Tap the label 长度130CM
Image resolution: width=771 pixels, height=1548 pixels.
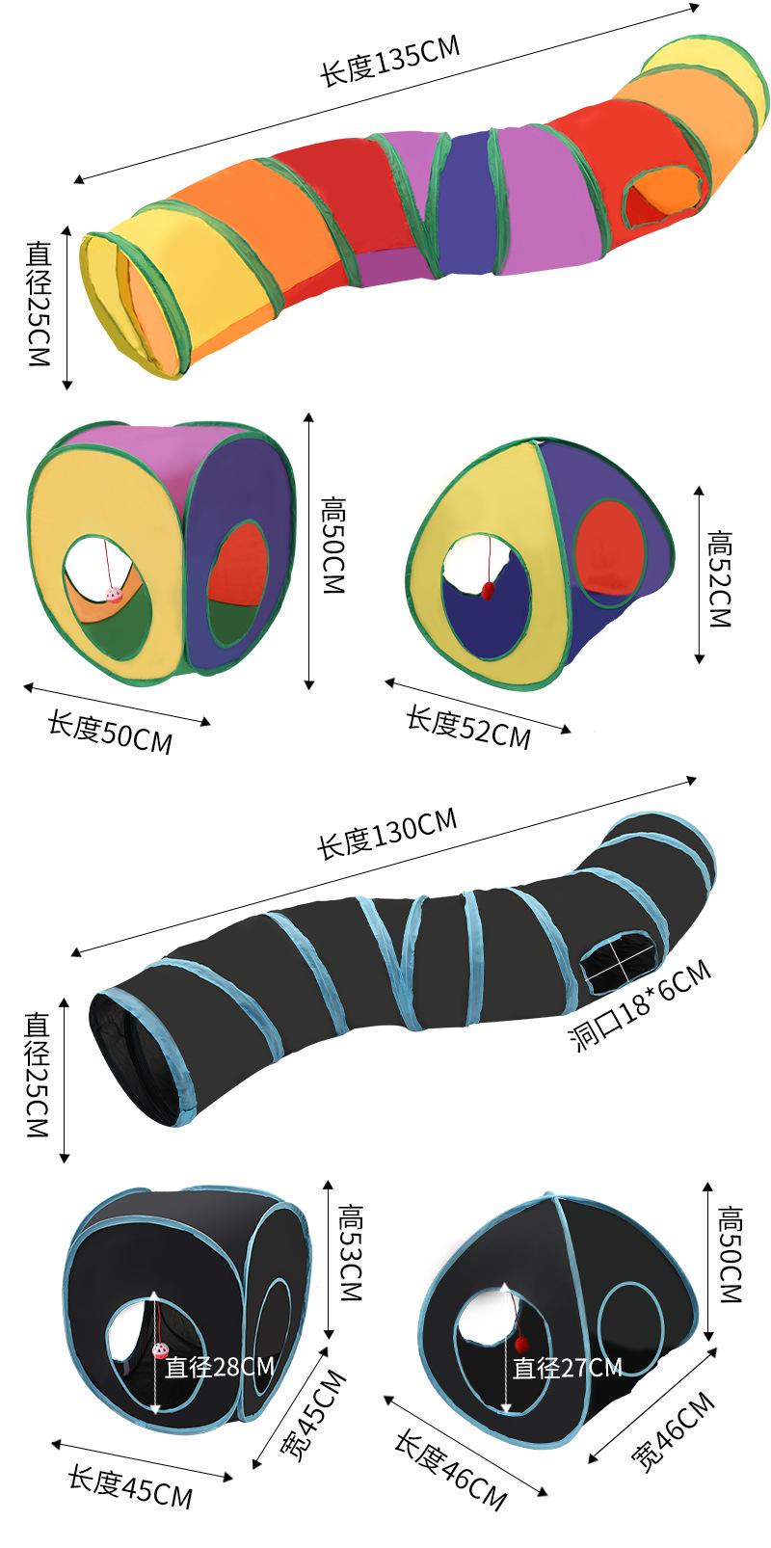386,834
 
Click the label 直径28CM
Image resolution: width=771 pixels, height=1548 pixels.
220,1367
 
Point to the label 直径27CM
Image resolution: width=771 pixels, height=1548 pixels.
567,1367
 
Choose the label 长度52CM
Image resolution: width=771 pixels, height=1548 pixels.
468,727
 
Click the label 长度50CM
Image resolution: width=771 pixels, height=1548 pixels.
110,734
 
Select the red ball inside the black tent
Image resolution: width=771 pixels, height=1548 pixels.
521,1343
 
